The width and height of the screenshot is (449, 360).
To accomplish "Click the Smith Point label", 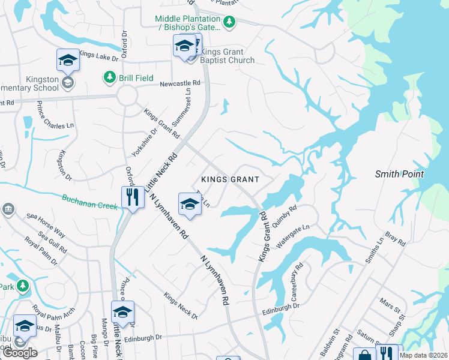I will pos(399,174).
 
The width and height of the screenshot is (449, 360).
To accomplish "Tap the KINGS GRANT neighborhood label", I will pos(230,179).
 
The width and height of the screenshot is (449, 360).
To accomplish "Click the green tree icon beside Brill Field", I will pos(109,77).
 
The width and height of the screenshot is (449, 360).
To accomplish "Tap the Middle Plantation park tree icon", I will pos(228,22).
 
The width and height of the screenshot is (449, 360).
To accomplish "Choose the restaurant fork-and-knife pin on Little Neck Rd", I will pos(131,196).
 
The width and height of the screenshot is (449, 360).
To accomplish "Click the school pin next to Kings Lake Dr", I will pos(68,59).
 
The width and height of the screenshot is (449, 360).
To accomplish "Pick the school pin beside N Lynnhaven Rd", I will pos(189,204).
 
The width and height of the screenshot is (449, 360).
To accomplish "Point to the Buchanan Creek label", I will pos(90,202).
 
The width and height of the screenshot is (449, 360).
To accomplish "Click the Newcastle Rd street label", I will pos(179,84).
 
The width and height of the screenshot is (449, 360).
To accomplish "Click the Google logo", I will pos(20,353).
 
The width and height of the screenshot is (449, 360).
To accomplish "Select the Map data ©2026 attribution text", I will pos(424,355).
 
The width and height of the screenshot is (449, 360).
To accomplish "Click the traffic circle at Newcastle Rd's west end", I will pos(127,95).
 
